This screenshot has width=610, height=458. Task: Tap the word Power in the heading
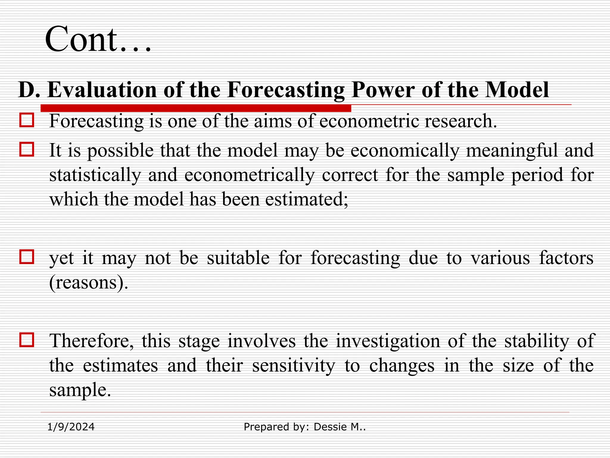[383, 89]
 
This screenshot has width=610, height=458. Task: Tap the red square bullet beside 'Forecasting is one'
[27, 120]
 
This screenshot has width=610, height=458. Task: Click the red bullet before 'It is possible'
[27, 149]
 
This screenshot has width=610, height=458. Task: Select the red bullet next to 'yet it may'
[27, 257]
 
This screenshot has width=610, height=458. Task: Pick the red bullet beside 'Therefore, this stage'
[27, 340]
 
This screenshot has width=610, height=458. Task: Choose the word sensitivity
[293, 366]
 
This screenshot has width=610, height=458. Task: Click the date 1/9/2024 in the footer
[71, 427]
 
